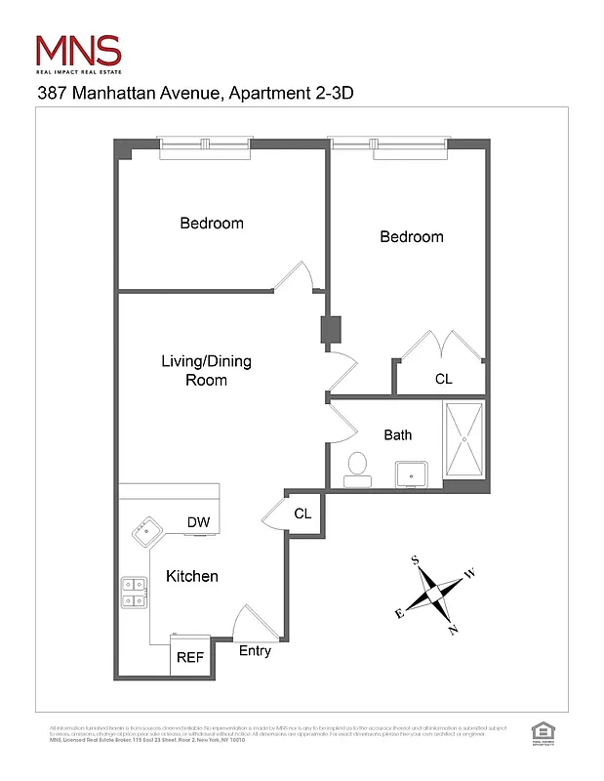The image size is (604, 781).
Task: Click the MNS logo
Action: (x=78, y=51)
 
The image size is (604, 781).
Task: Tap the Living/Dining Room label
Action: (x=206, y=371)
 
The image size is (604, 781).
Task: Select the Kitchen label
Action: (x=191, y=576)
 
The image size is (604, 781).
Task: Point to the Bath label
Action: (x=397, y=435)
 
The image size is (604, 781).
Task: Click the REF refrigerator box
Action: (x=189, y=657)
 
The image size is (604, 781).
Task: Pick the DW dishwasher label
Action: (x=199, y=523)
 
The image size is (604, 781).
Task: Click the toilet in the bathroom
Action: (x=356, y=468)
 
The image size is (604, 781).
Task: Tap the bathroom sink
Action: (x=414, y=475)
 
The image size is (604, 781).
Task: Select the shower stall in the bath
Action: (x=464, y=443)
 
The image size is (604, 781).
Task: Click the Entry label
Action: (x=255, y=651)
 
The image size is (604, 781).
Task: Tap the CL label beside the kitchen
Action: (x=302, y=514)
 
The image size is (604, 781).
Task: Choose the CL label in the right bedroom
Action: (x=443, y=379)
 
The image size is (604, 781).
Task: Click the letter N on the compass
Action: (x=452, y=630)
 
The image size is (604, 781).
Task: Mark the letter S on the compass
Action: (x=415, y=560)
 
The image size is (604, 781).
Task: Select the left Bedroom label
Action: (x=212, y=224)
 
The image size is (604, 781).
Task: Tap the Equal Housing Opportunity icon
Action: (x=540, y=731)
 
